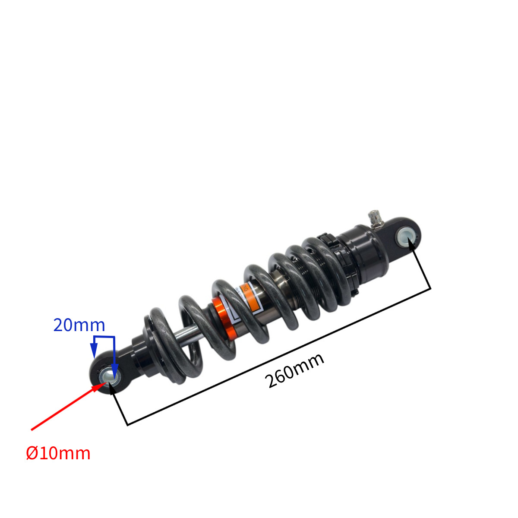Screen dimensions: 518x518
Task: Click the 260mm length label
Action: (x=295, y=371)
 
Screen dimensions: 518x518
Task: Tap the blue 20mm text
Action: (x=79, y=325)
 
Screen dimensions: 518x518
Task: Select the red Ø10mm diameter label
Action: (x=58, y=454)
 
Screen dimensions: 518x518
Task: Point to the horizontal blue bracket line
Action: (x=104, y=336)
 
